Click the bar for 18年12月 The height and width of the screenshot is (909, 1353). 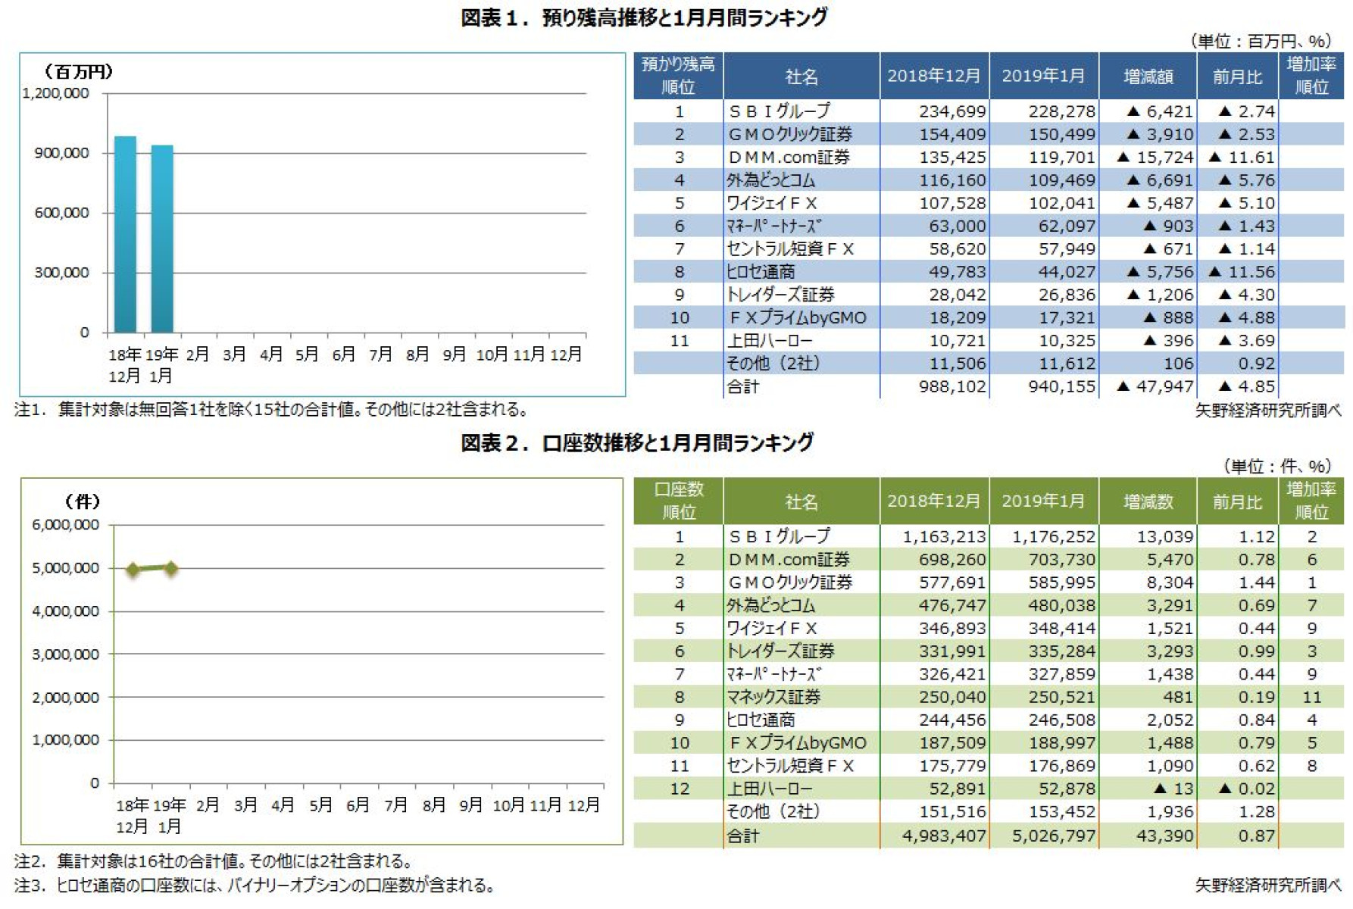pos(125,235)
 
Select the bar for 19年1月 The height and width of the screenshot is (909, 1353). pos(162,239)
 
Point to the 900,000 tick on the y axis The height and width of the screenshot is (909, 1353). pos(61,153)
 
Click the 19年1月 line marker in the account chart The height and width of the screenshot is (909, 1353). pos(171,567)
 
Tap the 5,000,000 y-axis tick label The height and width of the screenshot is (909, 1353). pos(65,568)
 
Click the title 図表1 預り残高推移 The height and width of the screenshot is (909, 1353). pos(644,17)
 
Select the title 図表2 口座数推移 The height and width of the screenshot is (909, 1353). pos(637,442)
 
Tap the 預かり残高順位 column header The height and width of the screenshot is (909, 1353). pos(678,76)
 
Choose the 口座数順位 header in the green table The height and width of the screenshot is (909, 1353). pos(678,501)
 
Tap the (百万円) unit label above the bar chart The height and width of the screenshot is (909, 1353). pos(78,71)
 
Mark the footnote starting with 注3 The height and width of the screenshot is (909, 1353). pos(254,885)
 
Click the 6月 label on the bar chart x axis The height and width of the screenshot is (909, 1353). pos(343,355)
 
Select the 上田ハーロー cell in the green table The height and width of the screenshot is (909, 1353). pos(769,789)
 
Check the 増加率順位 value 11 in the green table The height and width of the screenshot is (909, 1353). pos(1311,697)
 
